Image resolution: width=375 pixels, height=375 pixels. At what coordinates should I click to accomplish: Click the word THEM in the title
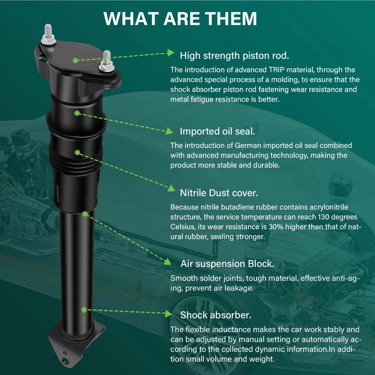click(231, 18)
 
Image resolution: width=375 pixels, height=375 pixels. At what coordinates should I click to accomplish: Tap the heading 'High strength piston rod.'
click(234, 55)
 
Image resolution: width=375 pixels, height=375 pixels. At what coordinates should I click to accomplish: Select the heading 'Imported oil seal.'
click(217, 131)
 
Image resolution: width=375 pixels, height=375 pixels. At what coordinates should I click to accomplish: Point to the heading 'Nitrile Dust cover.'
click(219, 193)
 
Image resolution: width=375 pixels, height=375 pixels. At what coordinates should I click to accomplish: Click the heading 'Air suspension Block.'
click(227, 264)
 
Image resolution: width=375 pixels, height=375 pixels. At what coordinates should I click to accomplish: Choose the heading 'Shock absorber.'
click(216, 315)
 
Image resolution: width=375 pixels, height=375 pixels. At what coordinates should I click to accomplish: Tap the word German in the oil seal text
click(248, 145)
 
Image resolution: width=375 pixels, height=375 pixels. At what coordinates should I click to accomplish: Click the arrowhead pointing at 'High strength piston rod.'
click(171, 53)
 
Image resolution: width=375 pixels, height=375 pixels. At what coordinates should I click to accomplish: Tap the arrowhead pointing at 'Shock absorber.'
click(168, 314)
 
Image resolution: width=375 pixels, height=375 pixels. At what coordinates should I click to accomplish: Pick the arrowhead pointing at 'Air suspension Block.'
click(168, 262)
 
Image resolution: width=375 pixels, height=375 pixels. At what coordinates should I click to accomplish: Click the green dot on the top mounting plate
click(75, 60)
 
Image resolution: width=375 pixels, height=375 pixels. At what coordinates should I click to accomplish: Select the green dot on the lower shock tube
click(84, 310)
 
